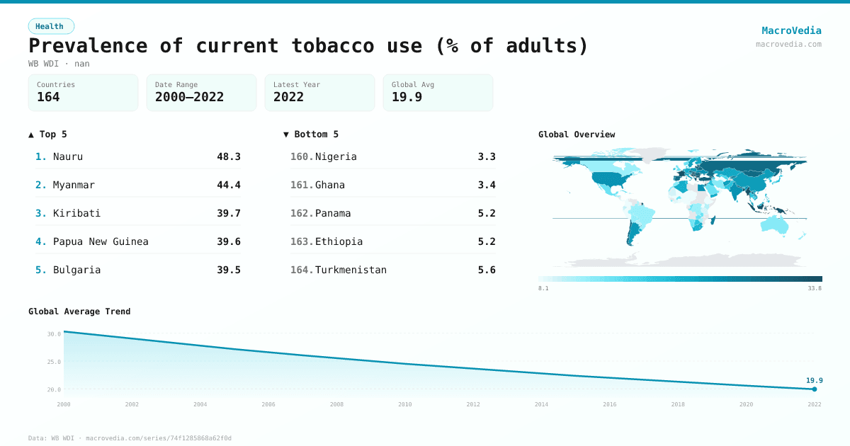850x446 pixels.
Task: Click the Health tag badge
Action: coord(50,26)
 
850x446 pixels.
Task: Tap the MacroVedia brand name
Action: coord(791,30)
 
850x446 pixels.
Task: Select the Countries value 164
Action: coord(48,97)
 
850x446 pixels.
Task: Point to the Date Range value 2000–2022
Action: coord(189,97)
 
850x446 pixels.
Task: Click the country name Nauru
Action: coord(68,156)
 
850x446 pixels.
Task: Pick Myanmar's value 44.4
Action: coord(228,185)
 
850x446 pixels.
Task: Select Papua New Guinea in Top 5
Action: coord(101,241)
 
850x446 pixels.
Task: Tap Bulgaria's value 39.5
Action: coord(228,270)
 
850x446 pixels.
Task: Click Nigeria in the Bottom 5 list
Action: coord(336,156)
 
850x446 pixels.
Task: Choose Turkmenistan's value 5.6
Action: coord(486,270)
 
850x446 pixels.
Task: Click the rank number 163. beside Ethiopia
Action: coord(301,241)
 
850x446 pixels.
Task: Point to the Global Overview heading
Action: coord(576,135)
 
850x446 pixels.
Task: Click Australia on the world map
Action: coord(775,224)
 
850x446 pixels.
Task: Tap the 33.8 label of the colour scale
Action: coord(815,288)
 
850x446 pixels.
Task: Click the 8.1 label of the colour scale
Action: coord(543,288)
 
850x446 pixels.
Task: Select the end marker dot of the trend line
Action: coord(814,389)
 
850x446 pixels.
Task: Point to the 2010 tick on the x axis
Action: coord(404,404)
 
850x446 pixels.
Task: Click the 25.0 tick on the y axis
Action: coord(54,362)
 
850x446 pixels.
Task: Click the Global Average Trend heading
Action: coord(79,311)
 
